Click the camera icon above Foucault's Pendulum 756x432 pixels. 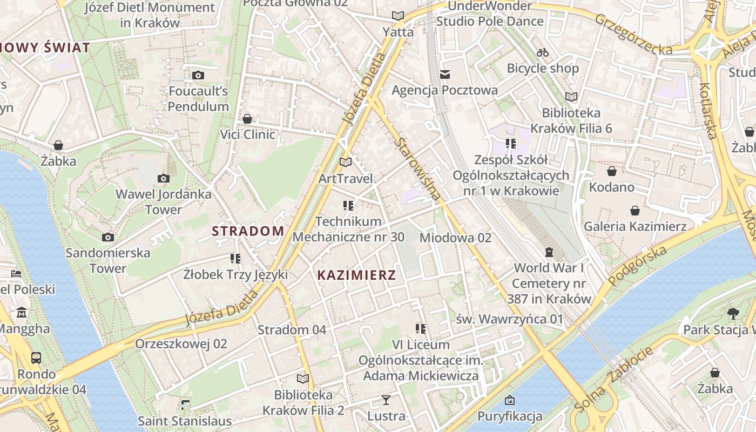(x=198, y=75)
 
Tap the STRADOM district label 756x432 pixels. (x=248, y=231)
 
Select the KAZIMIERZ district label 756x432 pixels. (x=356, y=275)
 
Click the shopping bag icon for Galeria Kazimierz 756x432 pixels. (x=635, y=210)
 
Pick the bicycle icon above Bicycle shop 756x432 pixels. (x=543, y=52)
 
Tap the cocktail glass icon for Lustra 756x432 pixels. (x=386, y=400)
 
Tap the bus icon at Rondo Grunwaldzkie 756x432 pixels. (x=36, y=357)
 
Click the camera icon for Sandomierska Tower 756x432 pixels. (x=108, y=237)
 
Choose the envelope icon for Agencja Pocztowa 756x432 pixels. (x=444, y=75)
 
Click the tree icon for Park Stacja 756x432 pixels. (x=733, y=313)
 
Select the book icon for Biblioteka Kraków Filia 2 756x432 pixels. (x=303, y=379)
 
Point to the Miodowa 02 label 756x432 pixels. (x=455, y=238)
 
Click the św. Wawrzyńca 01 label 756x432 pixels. (x=509, y=319)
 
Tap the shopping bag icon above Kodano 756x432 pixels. (x=612, y=171)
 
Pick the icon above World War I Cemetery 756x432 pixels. (x=549, y=252)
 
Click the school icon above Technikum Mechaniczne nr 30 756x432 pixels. (x=348, y=205)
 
